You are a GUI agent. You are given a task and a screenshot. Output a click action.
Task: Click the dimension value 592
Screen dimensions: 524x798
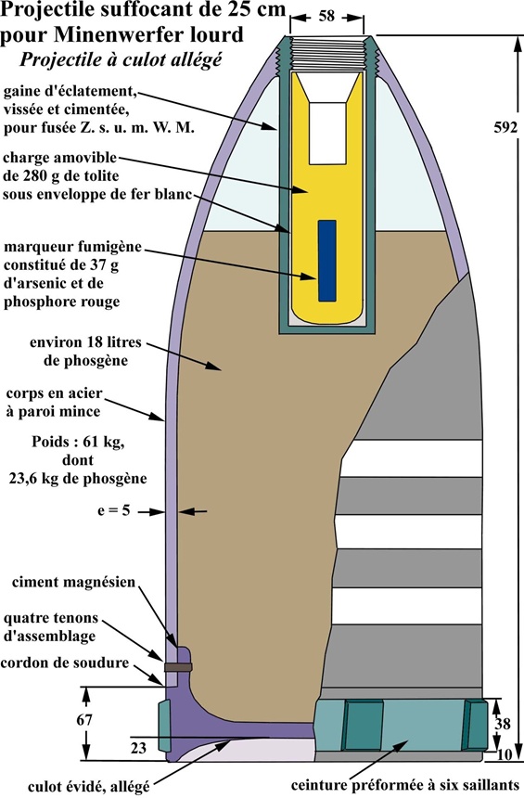505,128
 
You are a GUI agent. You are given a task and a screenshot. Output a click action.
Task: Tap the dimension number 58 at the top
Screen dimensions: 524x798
326,16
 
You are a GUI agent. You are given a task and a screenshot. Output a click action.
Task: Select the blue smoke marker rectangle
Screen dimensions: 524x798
327,261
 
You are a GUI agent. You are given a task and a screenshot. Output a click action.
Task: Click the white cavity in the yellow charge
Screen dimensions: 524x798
327,133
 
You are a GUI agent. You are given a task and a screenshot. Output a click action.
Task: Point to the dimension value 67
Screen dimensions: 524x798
84,720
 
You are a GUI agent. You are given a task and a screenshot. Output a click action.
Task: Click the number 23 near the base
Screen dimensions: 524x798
138,748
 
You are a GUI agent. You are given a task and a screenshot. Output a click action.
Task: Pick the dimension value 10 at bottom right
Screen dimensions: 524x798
504,755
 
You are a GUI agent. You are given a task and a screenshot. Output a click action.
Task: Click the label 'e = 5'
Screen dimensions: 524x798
114,510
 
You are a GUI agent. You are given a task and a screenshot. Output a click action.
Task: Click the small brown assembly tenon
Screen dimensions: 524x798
178,666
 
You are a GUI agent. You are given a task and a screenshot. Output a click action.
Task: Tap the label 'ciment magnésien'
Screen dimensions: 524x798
74,582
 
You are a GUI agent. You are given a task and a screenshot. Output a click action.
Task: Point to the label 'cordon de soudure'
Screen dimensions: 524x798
65,663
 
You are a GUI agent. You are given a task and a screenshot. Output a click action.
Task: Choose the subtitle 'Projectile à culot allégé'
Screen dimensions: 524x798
121,59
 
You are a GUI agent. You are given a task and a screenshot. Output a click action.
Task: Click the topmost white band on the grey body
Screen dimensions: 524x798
411,458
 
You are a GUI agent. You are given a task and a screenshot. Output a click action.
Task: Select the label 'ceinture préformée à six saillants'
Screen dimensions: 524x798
405,784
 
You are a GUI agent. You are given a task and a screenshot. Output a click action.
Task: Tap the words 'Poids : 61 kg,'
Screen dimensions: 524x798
78,442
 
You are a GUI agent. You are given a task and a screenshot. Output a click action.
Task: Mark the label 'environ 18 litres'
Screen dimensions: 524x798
85,342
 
